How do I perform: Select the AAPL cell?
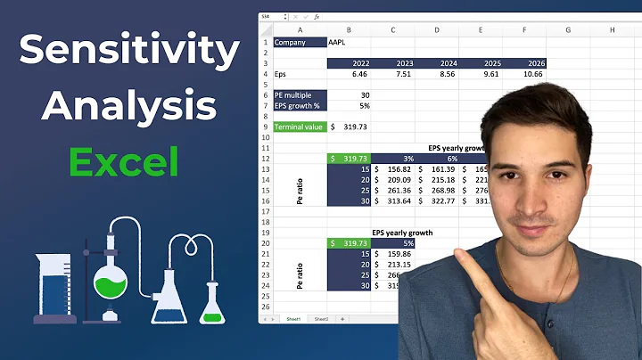(x=338, y=42)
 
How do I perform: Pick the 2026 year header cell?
(x=524, y=63)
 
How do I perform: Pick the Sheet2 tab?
(x=321, y=318)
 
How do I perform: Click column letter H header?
(x=613, y=30)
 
